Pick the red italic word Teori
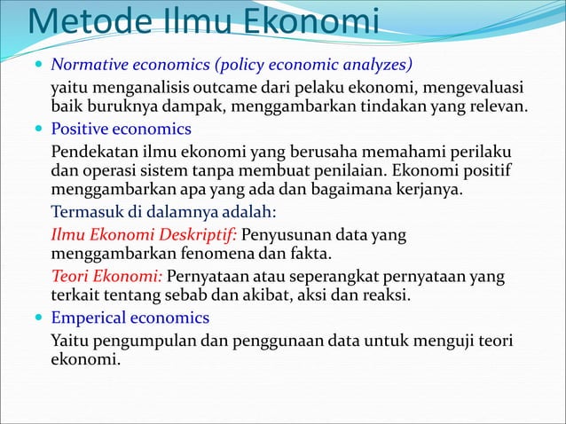click(x=70, y=276)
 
